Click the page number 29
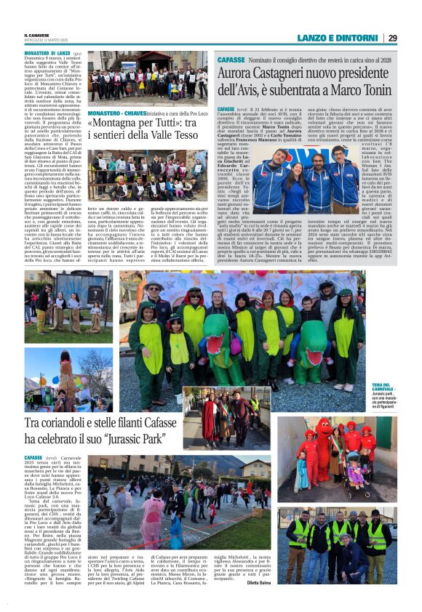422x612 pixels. pyautogui.click(x=413, y=38)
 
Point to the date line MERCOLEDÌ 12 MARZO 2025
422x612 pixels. pyautogui.click(x=48, y=40)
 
